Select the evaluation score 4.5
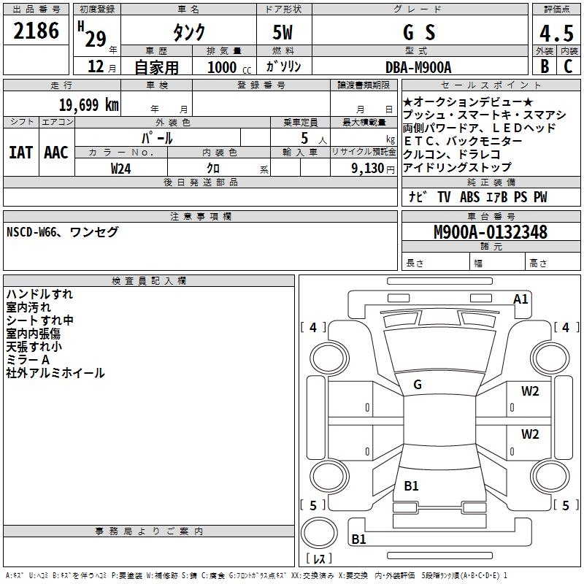556,34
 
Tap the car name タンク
188,33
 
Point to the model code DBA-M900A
418,66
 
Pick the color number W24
121,168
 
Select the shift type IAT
20,153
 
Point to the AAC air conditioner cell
55,153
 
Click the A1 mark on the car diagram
520,299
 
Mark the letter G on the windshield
418,384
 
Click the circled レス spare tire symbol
318,540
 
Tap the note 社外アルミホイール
55,373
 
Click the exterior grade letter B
544,66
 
